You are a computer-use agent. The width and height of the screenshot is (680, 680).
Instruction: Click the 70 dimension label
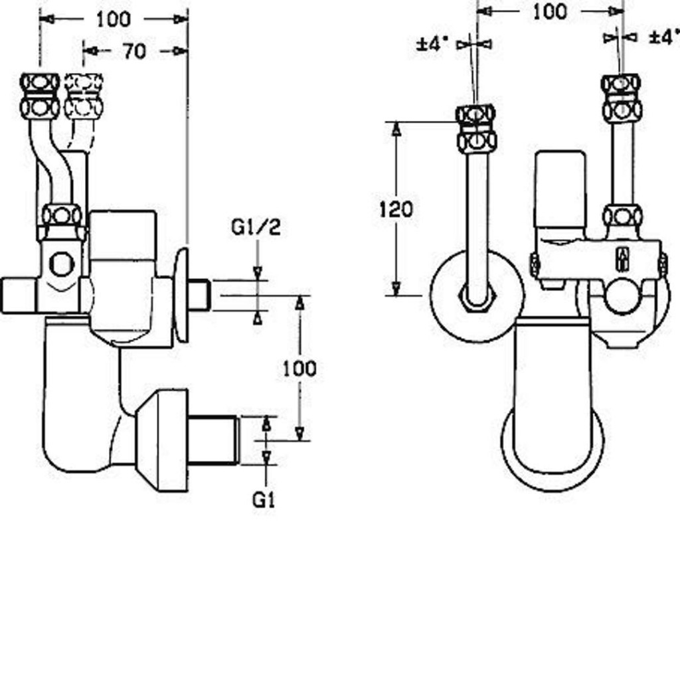[134, 51]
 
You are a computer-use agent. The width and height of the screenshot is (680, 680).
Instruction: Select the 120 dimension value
[396, 210]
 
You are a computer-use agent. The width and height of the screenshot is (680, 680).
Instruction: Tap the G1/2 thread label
[256, 227]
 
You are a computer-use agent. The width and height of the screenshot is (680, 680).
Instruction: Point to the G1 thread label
[264, 500]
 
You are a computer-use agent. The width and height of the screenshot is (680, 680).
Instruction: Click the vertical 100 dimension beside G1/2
[299, 368]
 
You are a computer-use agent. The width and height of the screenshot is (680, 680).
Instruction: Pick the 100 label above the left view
[114, 19]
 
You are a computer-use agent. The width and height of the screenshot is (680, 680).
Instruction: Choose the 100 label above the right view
[550, 11]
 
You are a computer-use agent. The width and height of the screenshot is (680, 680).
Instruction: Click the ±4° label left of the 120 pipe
[432, 44]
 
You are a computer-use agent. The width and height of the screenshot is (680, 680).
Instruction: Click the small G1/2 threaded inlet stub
[199, 295]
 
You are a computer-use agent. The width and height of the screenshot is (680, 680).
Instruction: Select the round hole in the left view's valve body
[62, 264]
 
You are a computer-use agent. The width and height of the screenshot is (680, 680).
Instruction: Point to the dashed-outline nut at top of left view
[84, 96]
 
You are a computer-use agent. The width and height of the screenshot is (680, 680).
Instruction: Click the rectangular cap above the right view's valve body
[560, 189]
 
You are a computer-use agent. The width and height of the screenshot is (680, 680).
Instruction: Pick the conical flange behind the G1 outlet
[162, 440]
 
